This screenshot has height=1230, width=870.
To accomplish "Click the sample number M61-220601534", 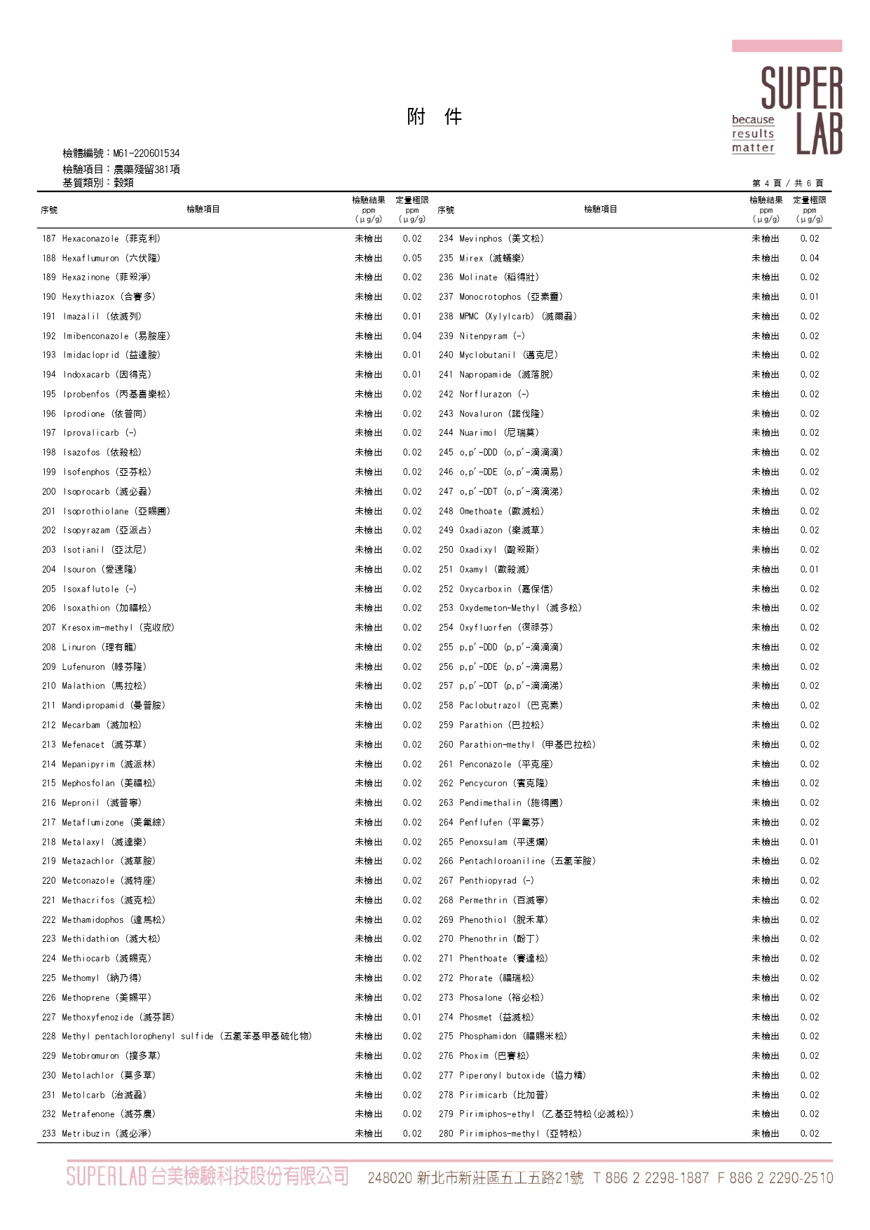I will [x=146, y=153].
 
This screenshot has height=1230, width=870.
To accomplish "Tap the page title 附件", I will [x=434, y=116].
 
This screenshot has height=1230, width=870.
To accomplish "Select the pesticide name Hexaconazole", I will [x=90, y=239].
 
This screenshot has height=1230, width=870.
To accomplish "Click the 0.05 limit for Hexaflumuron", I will [x=412, y=259].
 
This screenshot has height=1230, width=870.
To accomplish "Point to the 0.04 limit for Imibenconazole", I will [x=412, y=336].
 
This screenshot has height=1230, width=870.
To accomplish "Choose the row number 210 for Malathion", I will [x=48, y=686].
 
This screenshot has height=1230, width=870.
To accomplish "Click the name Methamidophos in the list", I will [x=93, y=920].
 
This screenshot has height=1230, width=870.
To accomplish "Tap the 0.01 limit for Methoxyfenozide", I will [x=412, y=1018].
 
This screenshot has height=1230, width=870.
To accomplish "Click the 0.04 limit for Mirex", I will [x=810, y=259].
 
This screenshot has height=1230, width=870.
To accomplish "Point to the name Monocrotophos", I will [x=490, y=297].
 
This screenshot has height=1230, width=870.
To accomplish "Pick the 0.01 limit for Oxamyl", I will [x=810, y=570].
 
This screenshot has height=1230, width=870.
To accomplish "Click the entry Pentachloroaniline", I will [x=502, y=861].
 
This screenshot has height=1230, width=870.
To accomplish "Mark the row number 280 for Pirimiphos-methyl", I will [x=446, y=1134].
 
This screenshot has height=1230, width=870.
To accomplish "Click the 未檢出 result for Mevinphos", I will [x=765, y=239].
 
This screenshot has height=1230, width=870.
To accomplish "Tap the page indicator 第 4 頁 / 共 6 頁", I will [x=787, y=184].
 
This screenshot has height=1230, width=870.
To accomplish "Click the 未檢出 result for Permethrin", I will [x=765, y=901].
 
